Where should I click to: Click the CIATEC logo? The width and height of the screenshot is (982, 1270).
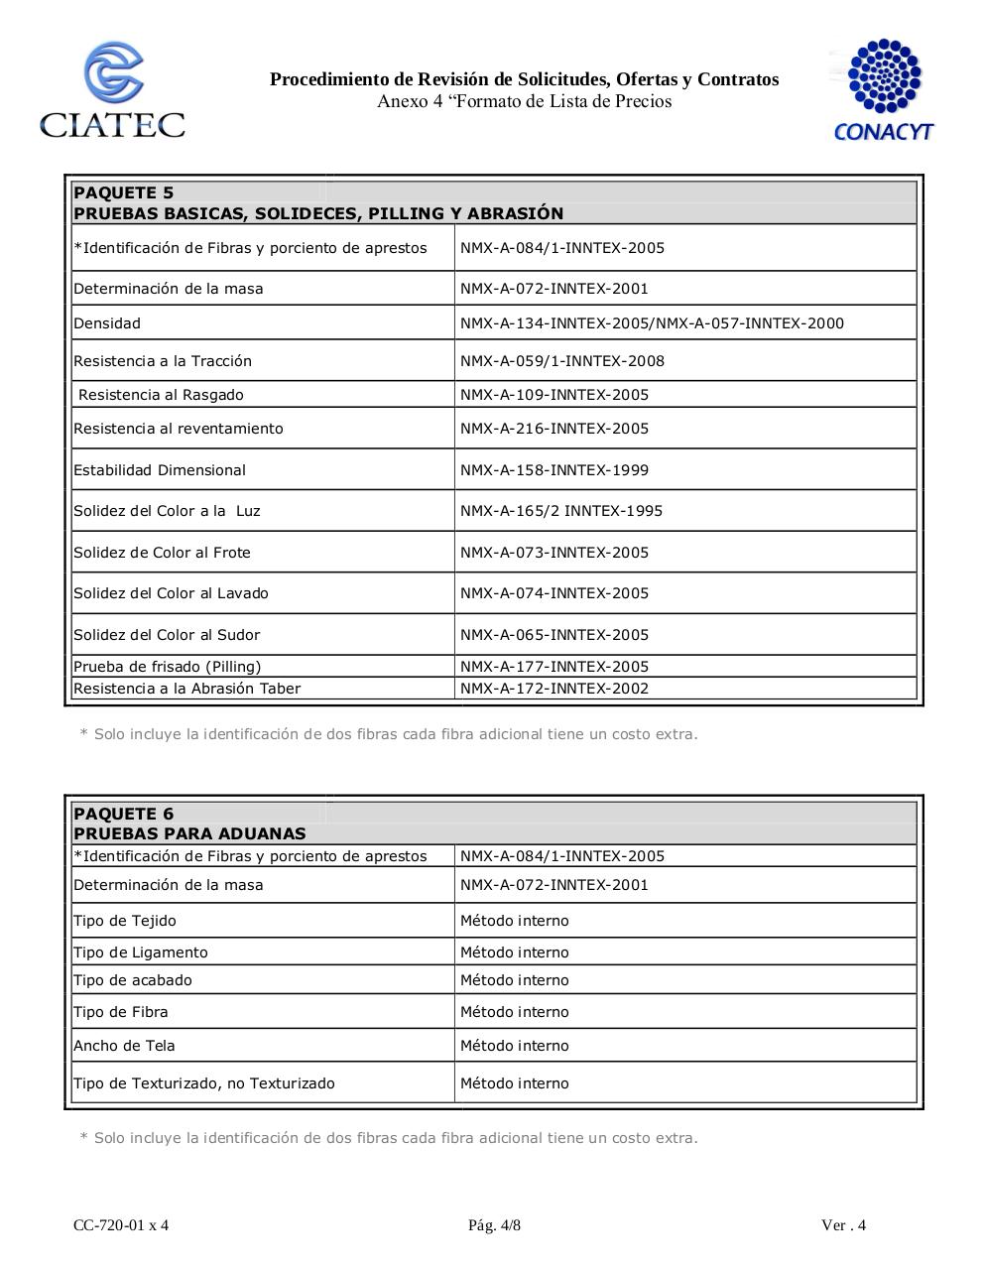(112, 90)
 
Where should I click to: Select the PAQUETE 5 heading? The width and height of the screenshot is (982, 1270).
(123, 192)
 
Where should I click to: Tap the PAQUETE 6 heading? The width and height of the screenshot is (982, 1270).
(123, 814)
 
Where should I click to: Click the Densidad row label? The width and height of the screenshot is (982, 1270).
(107, 323)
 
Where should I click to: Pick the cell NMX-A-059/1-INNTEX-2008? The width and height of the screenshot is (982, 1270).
(561, 361)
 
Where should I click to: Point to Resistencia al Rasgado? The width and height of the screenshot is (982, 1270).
(161, 395)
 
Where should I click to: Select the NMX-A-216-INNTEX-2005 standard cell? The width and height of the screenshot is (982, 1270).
(553, 429)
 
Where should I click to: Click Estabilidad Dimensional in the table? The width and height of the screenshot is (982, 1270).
(160, 470)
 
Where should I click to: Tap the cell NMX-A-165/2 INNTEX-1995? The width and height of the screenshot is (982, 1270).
(560, 511)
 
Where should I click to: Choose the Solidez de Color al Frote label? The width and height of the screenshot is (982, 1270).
(162, 553)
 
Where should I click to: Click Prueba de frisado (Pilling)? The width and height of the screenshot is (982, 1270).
(167, 667)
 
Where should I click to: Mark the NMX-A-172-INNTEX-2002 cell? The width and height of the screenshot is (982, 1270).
(553, 689)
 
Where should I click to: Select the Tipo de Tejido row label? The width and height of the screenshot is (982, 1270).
(125, 921)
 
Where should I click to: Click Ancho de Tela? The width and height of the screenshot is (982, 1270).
(124, 1046)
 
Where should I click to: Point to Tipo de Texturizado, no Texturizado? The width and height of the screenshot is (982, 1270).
(204, 1083)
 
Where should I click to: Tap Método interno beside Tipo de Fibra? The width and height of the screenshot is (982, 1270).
(514, 1012)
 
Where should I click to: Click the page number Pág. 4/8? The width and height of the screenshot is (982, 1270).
(494, 1225)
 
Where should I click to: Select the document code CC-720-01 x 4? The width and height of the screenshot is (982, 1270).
(121, 1225)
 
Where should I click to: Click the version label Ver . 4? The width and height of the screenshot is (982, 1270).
(843, 1225)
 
